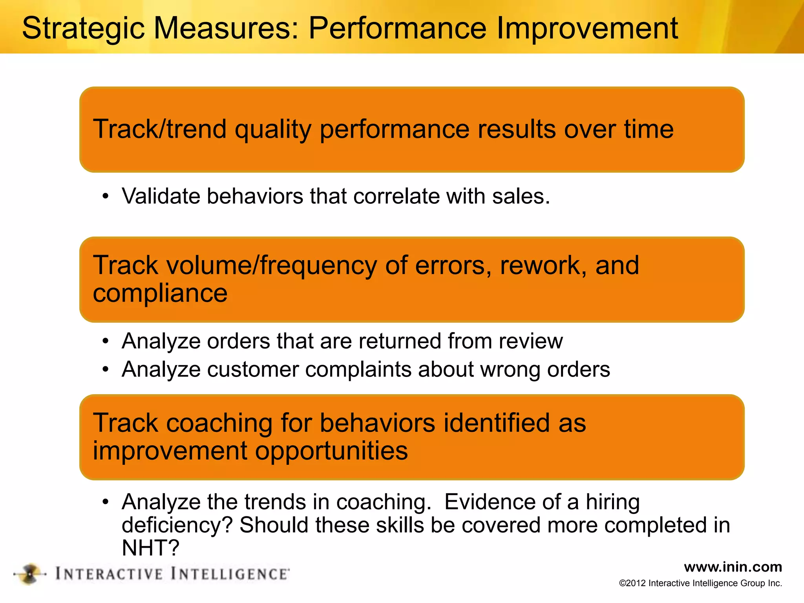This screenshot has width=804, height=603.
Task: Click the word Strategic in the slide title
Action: tap(83, 29)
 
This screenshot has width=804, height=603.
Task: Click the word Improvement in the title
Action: tap(587, 29)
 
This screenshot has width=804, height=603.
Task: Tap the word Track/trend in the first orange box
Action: tap(159, 129)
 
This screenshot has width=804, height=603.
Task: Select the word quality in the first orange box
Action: tap(273, 130)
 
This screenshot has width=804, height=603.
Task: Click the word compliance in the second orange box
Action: tap(160, 294)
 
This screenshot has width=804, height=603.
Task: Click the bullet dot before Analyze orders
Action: tap(105, 341)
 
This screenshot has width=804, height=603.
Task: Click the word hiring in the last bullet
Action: tap(612, 502)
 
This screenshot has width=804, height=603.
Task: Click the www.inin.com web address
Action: tap(733, 567)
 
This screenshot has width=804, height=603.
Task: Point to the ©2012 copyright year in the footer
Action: tap(632, 583)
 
